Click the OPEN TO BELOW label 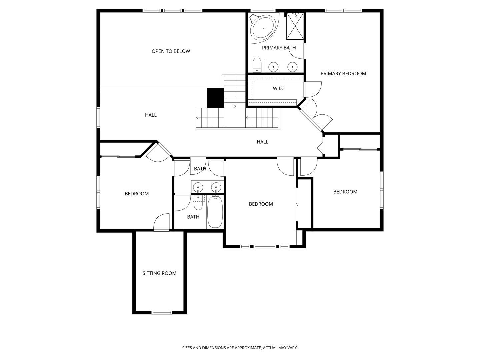point(171,51)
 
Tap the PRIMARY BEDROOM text point(343,74)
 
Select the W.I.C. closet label point(279,89)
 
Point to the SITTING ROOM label point(159,273)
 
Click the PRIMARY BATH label point(279,48)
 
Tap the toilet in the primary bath point(257,65)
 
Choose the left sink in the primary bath point(273,66)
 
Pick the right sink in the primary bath point(292,66)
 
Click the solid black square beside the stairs point(215,98)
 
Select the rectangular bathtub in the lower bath point(215,212)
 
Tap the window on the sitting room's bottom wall point(162,312)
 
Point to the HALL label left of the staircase point(151,115)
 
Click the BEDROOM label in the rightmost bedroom point(345,192)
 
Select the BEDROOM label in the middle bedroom point(261,204)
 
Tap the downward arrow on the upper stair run point(235,106)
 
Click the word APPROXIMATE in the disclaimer point(248,348)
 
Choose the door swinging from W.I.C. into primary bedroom point(313,89)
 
